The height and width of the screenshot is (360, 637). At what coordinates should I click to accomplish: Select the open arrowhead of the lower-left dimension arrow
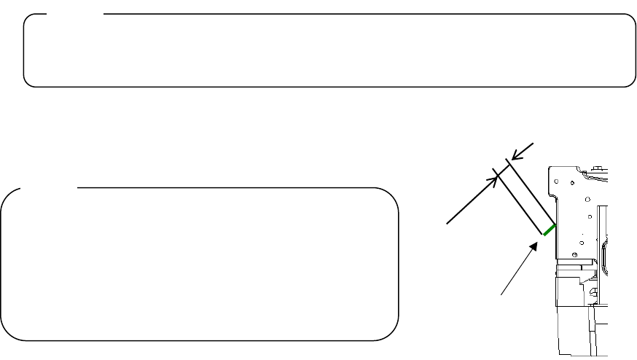click(496, 177)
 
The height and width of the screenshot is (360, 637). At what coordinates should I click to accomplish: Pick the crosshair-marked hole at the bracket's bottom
click(576, 254)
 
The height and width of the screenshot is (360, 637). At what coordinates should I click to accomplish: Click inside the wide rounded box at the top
click(328, 51)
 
